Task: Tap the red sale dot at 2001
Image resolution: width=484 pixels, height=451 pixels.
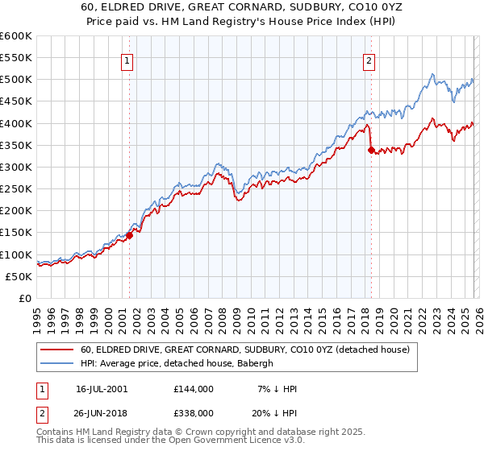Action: [129, 235]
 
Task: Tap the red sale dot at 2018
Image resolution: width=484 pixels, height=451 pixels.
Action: [371, 151]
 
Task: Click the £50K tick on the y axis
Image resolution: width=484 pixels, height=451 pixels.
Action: [19, 276]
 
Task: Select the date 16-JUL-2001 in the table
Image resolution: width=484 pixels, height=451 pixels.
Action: [105, 389]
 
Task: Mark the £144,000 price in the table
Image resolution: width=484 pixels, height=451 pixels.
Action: [194, 389]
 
